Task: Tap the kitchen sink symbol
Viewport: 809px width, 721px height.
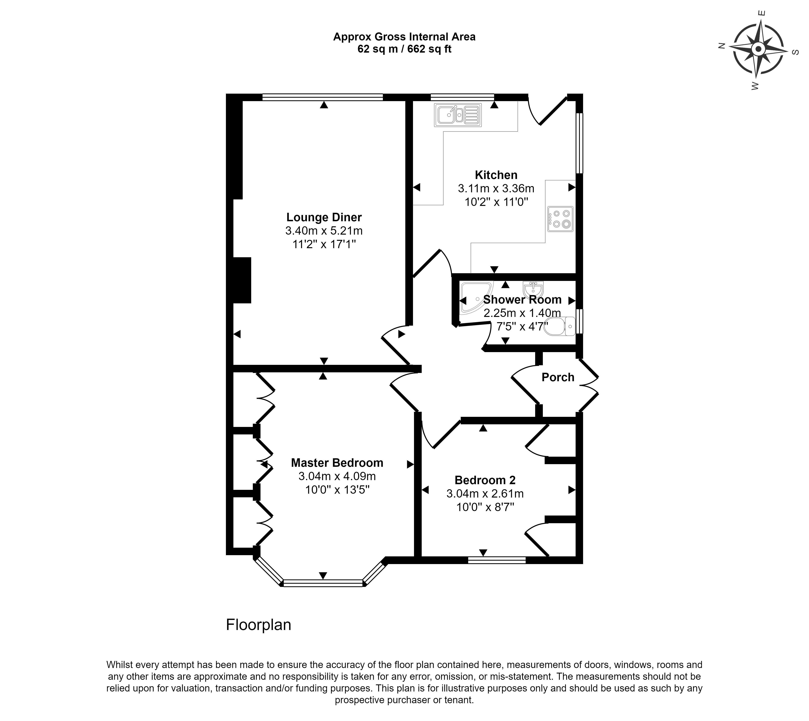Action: pyautogui.click(x=457, y=115)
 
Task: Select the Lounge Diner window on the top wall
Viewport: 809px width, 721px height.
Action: pyautogui.click(x=323, y=97)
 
